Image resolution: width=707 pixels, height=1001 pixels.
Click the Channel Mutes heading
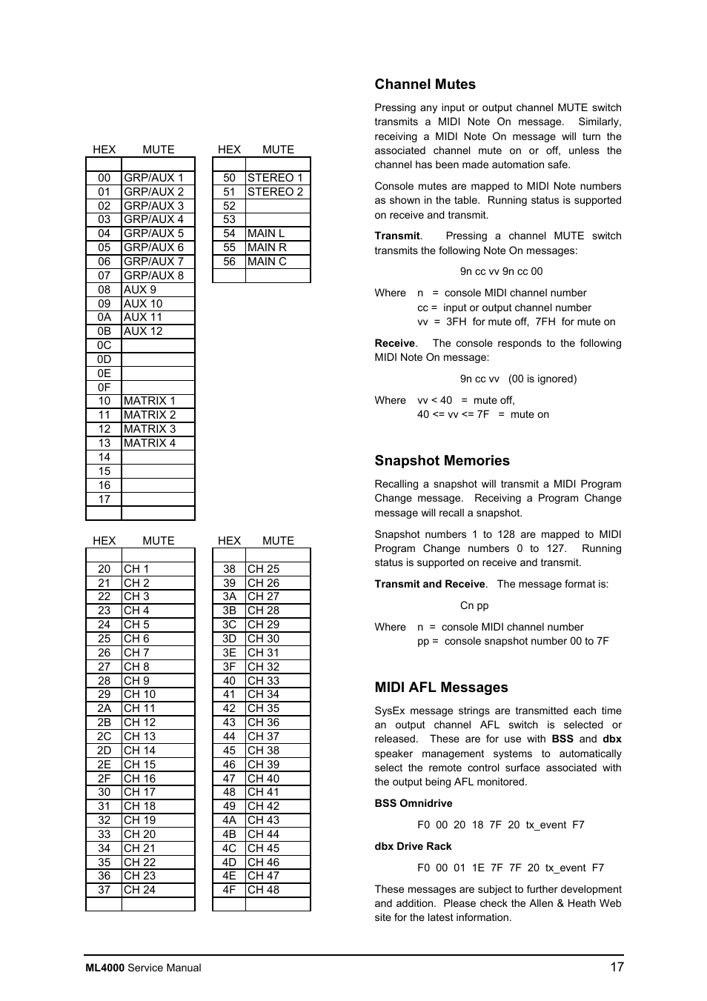click(x=425, y=84)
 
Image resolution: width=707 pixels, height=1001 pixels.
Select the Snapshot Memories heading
click(x=442, y=461)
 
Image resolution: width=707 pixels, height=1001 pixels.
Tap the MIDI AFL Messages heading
click(x=441, y=688)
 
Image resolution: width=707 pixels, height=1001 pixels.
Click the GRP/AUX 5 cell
click(x=153, y=233)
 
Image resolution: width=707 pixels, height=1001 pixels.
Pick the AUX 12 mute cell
click(x=143, y=331)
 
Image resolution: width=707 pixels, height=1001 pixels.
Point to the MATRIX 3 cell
click(x=150, y=429)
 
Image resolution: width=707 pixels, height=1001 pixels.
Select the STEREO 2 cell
click(x=275, y=192)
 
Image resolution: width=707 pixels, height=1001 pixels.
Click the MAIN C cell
click(x=267, y=262)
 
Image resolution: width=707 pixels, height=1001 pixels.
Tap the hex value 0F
click(x=104, y=388)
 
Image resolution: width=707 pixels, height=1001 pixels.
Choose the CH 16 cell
click(x=139, y=779)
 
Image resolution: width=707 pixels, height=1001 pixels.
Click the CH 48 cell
click(x=263, y=890)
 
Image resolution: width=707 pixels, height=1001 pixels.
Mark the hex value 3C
click(x=230, y=625)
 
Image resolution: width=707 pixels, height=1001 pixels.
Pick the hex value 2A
click(x=104, y=708)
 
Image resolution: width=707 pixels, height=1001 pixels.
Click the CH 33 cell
click(x=263, y=681)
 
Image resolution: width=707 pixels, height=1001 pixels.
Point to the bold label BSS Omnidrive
click(x=413, y=803)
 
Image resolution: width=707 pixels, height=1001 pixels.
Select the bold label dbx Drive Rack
click(x=413, y=846)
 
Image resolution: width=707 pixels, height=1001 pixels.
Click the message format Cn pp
click(x=474, y=605)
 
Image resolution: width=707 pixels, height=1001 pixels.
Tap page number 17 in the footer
click(x=617, y=967)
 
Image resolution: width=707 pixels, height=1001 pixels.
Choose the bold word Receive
click(x=394, y=343)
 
